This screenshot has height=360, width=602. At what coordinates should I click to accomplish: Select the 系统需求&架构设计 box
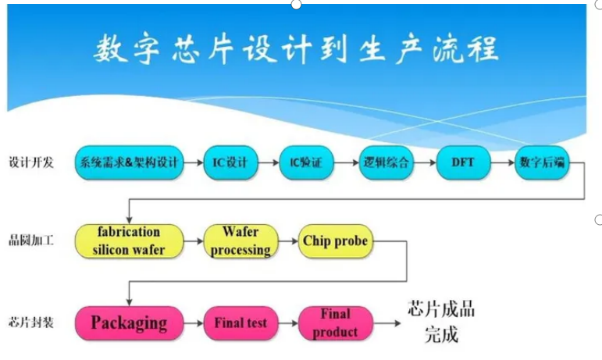130,163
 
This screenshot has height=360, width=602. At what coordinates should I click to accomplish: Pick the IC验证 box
306,163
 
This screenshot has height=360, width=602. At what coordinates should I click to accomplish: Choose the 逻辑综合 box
386,163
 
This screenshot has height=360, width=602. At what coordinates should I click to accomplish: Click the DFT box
463,163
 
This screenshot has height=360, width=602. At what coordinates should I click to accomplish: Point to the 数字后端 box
542,163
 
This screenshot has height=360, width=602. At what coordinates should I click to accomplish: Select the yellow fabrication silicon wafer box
130,241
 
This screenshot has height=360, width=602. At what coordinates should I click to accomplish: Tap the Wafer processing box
240,241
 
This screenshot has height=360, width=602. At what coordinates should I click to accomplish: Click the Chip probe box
335,241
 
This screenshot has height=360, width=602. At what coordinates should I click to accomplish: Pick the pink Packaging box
130,323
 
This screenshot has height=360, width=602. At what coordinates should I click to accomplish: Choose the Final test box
240,323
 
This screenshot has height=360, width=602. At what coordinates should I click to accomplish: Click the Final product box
336,323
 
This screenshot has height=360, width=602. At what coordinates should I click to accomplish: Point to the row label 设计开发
31,163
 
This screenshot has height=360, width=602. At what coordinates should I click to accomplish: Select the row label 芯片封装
31,323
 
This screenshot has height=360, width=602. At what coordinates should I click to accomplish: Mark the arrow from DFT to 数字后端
504,163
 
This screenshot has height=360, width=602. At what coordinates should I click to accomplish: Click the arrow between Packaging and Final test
194,323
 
